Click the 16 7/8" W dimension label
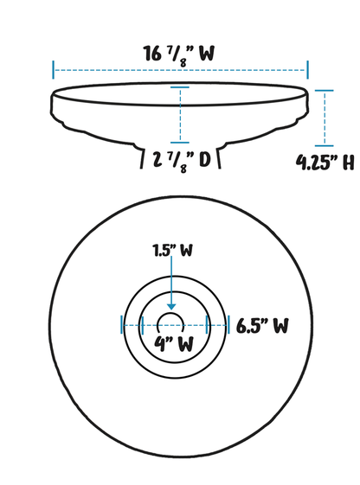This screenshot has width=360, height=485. pos(178,55)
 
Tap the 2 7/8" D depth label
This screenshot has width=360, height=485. pos(182,162)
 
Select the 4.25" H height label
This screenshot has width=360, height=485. pos(325,163)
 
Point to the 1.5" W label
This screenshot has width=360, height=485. pos(173,251)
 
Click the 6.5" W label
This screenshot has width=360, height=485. pos(262,326)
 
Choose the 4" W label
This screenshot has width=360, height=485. pos(174,343)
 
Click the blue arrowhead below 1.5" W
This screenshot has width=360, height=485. pos(171,307)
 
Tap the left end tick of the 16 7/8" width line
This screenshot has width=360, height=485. pos(54,70)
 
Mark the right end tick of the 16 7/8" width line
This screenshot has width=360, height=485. pos(308,70)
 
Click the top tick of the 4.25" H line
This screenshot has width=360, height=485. pos(325,91)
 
